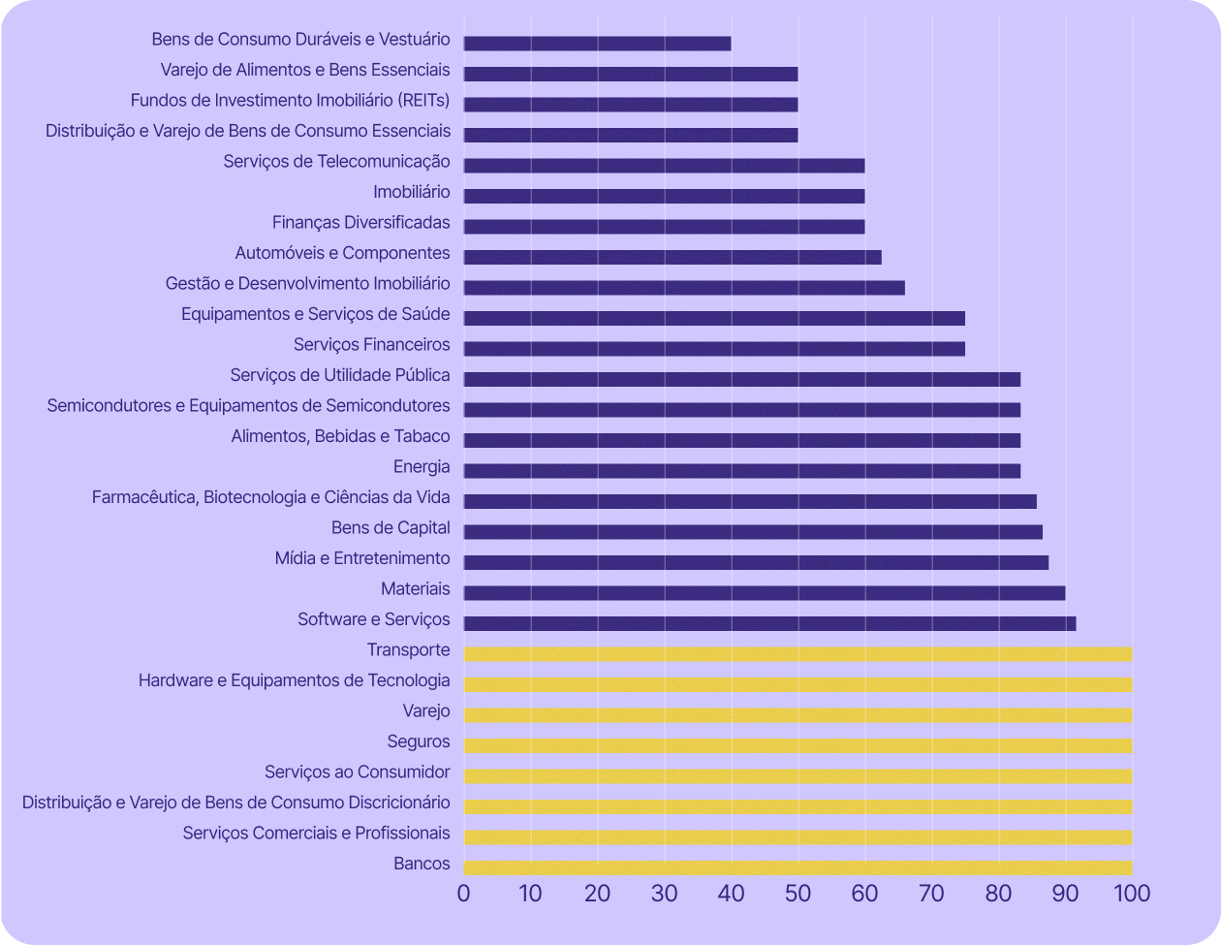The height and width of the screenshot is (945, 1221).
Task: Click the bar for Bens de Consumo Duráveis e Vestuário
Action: pyautogui.click(x=597, y=44)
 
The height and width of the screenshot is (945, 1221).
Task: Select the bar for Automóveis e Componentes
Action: pyautogui.click(x=673, y=257)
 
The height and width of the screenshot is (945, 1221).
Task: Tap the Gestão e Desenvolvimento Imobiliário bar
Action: pyautogui.click(x=684, y=287)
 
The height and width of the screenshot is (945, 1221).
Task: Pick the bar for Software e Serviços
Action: pyautogui.click(x=769, y=623)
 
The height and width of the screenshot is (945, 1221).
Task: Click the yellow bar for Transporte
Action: pyautogui.click(x=798, y=654)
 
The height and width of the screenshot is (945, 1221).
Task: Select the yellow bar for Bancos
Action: pyautogui.click(x=798, y=867)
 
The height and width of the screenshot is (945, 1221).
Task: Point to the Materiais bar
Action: pyautogui.click(x=765, y=593)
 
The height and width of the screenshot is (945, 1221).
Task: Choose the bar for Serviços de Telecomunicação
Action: pyautogui.click(x=664, y=166)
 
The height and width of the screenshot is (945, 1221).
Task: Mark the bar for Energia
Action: pyautogui.click(x=742, y=471)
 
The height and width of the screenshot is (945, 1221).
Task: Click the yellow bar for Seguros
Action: pyautogui.click(x=798, y=745)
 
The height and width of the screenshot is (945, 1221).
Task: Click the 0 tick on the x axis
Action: pyautogui.click(x=464, y=893)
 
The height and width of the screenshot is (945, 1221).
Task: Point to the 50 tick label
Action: pyautogui.click(x=798, y=893)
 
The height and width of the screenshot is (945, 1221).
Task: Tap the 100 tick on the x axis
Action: pyautogui.click(x=1131, y=893)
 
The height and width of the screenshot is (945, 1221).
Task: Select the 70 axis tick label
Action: pyautogui.click(x=931, y=893)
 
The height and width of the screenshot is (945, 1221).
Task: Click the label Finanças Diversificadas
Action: pyautogui.click(x=360, y=223)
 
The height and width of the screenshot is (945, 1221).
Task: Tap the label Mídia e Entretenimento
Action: pyautogui.click(x=362, y=558)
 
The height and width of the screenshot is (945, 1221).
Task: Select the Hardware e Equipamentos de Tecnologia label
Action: pyautogui.click(x=294, y=680)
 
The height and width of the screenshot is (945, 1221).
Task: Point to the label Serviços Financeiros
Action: pyautogui.click(x=371, y=344)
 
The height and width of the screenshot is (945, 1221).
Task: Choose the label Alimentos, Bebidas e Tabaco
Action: pyautogui.click(x=340, y=436)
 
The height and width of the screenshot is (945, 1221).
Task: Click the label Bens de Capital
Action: pyautogui.click(x=391, y=528)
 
